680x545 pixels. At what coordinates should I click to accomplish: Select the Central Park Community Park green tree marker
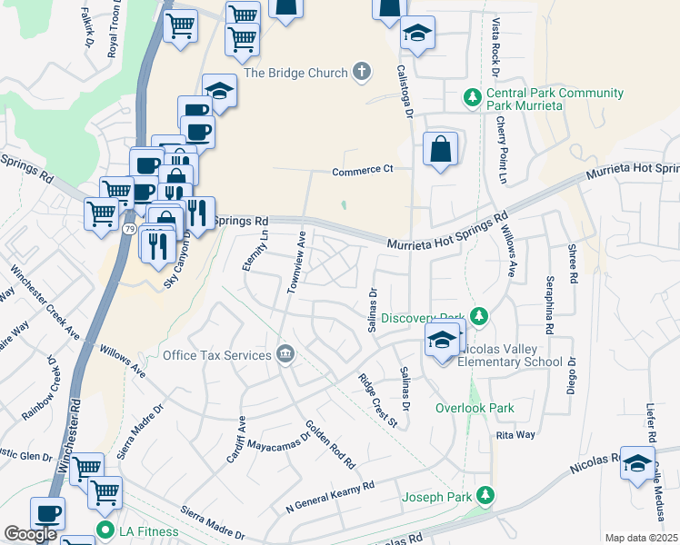click(472, 95)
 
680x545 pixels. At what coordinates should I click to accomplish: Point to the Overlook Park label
click(475, 408)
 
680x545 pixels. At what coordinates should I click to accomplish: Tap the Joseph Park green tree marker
click(486, 496)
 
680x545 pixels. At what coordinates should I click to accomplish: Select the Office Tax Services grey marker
click(285, 353)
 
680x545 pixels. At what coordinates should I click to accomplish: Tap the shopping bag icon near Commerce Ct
click(440, 150)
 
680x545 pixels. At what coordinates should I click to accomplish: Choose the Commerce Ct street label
click(362, 170)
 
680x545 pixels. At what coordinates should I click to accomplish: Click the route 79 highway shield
click(130, 231)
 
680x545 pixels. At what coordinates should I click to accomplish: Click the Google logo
click(30, 534)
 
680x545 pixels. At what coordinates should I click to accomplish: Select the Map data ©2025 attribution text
click(642, 538)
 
